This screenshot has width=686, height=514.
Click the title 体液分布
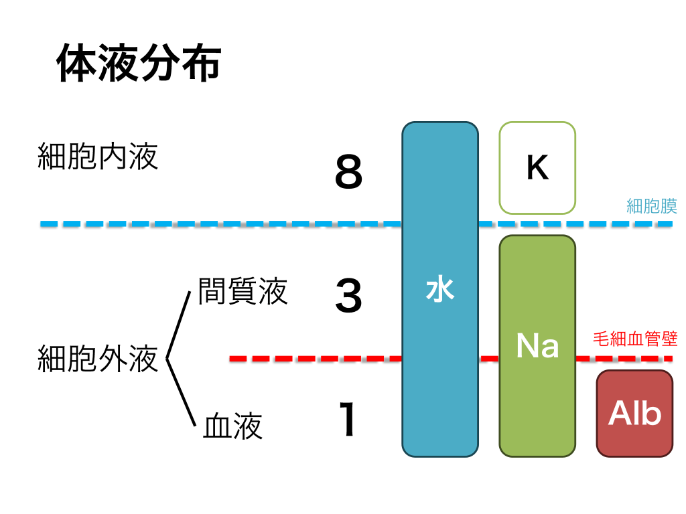pyautogui.click(x=138, y=64)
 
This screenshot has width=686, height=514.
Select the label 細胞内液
pyautogui.click(x=98, y=157)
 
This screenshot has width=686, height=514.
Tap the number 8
pyautogui.click(x=348, y=173)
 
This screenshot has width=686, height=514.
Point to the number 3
pyautogui.click(x=348, y=296)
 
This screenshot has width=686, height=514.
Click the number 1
pyautogui.click(x=348, y=420)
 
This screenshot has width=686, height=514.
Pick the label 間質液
pyautogui.click(x=243, y=291)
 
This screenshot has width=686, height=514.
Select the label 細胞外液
pyautogui.click(x=98, y=358)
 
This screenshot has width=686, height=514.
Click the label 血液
pyautogui.click(x=232, y=426)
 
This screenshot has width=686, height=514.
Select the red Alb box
pyautogui.click(x=634, y=414)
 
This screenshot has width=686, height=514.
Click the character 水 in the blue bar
pyautogui.click(x=440, y=290)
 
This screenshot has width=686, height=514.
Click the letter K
pyautogui.click(x=537, y=169)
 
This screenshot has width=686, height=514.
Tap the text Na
pyautogui.click(x=537, y=345)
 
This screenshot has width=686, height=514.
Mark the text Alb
pyautogui.click(x=634, y=414)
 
